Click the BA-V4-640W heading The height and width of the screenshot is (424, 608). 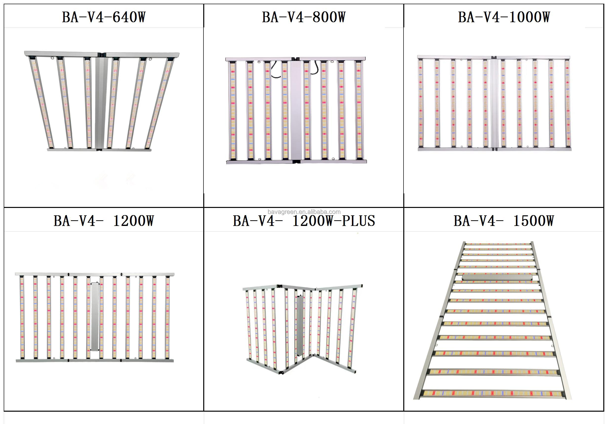[x=104, y=17]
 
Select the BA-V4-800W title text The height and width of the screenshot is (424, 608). [x=304, y=17]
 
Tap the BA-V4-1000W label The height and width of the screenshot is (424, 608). [x=504, y=17]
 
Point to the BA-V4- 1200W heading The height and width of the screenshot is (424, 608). [x=103, y=221]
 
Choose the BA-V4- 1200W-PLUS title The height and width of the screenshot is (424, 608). [x=304, y=221]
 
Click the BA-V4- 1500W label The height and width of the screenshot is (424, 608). [x=504, y=221]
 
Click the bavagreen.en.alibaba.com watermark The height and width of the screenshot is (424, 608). [x=304, y=212]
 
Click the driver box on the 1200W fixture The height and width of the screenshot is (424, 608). [x=95, y=317]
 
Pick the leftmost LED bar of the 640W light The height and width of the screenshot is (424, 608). [x=42, y=103]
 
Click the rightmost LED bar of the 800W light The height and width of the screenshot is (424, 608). [x=359, y=110]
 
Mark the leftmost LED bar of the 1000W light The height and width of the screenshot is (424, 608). [x=421, y=103]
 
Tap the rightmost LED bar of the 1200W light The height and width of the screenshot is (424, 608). [x=167, y=317]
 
